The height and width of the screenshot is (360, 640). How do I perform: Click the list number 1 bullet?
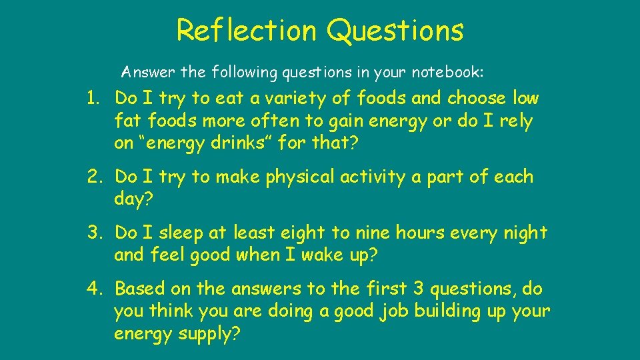pos(93,99)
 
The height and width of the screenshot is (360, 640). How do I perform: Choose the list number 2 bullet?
pos(94,177)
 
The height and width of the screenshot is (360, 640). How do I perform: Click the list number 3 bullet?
pos(94,233)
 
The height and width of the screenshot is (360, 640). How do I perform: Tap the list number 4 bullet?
pos(94,289)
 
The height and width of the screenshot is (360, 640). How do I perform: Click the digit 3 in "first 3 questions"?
pos(419,289)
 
